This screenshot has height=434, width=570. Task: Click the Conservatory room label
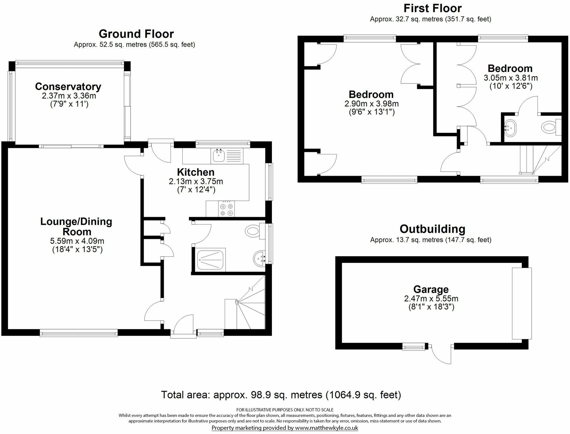pos(68,86)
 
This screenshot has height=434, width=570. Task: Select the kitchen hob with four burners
pos(227,209)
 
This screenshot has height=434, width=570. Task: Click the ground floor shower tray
pos(211,259)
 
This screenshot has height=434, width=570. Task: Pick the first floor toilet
pos(551,127)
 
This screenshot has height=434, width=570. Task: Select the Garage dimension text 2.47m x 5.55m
pos(431,298)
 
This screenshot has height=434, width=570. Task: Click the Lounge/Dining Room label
pos(76,226)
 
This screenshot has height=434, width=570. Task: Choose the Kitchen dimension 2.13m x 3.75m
pos(196,182)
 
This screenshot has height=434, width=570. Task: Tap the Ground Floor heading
pos(136,34)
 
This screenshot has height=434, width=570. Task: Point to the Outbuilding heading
pos(432,229)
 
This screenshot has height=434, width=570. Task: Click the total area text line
pos(281,395)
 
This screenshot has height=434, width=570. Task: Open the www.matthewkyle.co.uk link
pos(326,428)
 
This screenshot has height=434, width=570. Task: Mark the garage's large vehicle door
pos(522,303)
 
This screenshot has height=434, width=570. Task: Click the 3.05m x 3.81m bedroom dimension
pos(511,78)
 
